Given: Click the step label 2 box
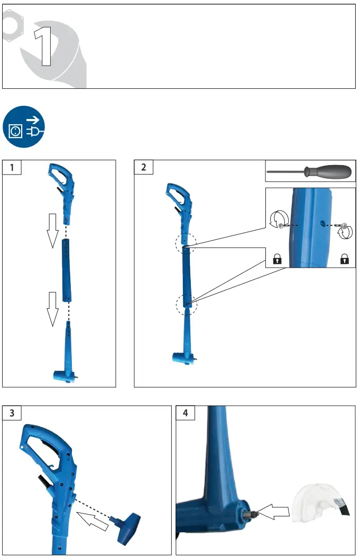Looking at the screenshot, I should (144, 168).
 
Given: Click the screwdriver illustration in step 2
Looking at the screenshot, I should (310, 171).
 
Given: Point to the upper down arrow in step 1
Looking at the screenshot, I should (52, 230).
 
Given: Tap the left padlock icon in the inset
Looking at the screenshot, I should (276, 259).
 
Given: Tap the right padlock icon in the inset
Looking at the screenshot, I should (345, 259).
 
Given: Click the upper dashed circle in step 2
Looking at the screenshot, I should (185, 243).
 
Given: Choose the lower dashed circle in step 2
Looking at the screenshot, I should (186, 304).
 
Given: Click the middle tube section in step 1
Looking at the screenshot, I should (67, 270).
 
